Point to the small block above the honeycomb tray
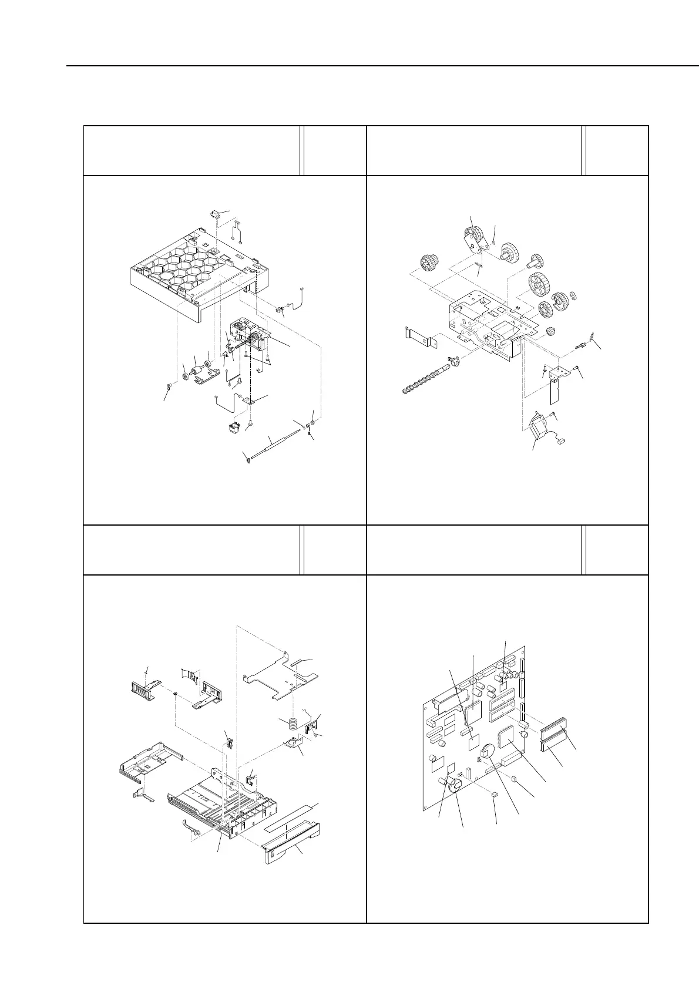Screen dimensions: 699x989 [216, 213]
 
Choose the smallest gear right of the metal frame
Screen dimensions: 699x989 [551, 333]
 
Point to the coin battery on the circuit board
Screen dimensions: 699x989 [488, 752]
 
